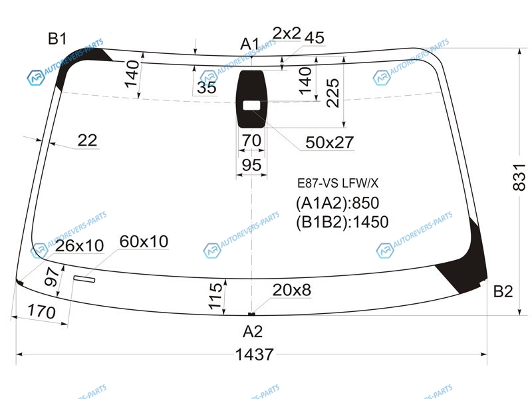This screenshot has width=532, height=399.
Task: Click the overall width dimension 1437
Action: (x=254, y=354)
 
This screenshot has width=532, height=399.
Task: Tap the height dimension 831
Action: (x=519, y=177)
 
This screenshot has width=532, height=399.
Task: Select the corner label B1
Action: (x=57, y=39)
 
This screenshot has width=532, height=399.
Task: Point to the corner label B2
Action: (x=503, y=291)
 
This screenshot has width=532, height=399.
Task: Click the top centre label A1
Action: (x=250, y=44)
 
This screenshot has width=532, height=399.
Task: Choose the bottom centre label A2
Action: (x=253, y=331)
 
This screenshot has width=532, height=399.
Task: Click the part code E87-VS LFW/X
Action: (x=338, y=184)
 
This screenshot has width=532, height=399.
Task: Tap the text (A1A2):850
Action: (x=337, y=203)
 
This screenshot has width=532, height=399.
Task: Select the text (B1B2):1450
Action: (x=342, y=222)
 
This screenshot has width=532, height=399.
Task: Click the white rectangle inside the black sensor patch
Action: (x=251, y=106)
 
